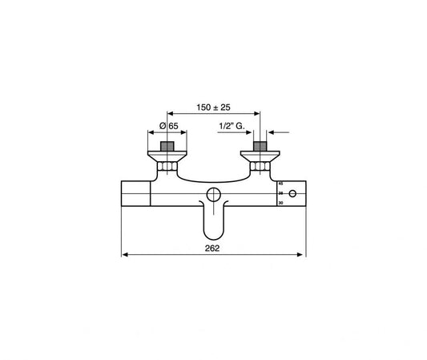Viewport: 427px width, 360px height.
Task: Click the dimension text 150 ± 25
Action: point(214,106)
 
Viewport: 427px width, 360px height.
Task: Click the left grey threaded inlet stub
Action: point(168,147)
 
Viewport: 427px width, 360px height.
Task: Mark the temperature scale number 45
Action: point(281,183)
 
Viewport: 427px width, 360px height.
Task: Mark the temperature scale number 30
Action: point(281,204)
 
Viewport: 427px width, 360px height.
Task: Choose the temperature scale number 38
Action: point(281,193)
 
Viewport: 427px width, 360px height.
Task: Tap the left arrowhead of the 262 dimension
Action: point(124,257)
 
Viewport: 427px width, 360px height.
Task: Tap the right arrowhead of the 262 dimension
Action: point(304,257)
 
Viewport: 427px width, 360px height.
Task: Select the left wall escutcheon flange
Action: point(168,155)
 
